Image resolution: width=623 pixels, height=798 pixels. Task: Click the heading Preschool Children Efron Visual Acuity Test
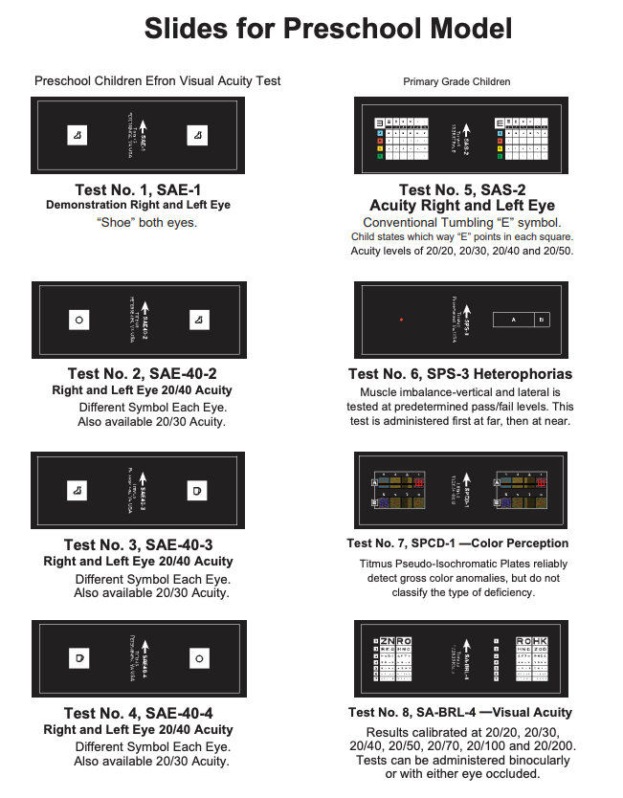pyautogui.click(x=157, y=81)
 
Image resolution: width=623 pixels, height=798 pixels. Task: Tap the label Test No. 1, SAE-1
pyautogui.click(x=138, y=189)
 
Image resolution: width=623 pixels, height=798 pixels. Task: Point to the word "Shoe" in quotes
pyautogui.click(x=115, y=222)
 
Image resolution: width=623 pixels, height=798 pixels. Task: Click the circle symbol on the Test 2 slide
pyautogui.click(x=79, y=320)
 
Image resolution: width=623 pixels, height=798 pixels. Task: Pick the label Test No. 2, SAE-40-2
pyautogui.click(x=138, y=374)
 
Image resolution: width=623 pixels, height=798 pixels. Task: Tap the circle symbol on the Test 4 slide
pyautogui.click(x=199, y=658)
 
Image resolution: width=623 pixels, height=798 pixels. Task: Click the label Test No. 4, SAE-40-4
pyautogui.click(x=138, y=713)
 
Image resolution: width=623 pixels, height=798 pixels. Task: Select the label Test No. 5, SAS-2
pyautogui.click(x=462, y=189)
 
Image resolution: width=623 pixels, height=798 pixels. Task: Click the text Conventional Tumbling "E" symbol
pyautogui.click(x=462, y=222)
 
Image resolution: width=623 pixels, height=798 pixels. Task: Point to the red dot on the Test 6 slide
pyautogui.click(x=403, y=319)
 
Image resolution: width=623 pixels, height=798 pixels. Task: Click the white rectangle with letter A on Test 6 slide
pyautogui.click(x=514, y=320)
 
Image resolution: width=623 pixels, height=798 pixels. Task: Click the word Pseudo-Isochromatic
pyautogui.click(x=448, y=565)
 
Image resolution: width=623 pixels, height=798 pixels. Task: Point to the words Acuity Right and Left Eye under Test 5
pyautogui.click(x=462, y=206)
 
